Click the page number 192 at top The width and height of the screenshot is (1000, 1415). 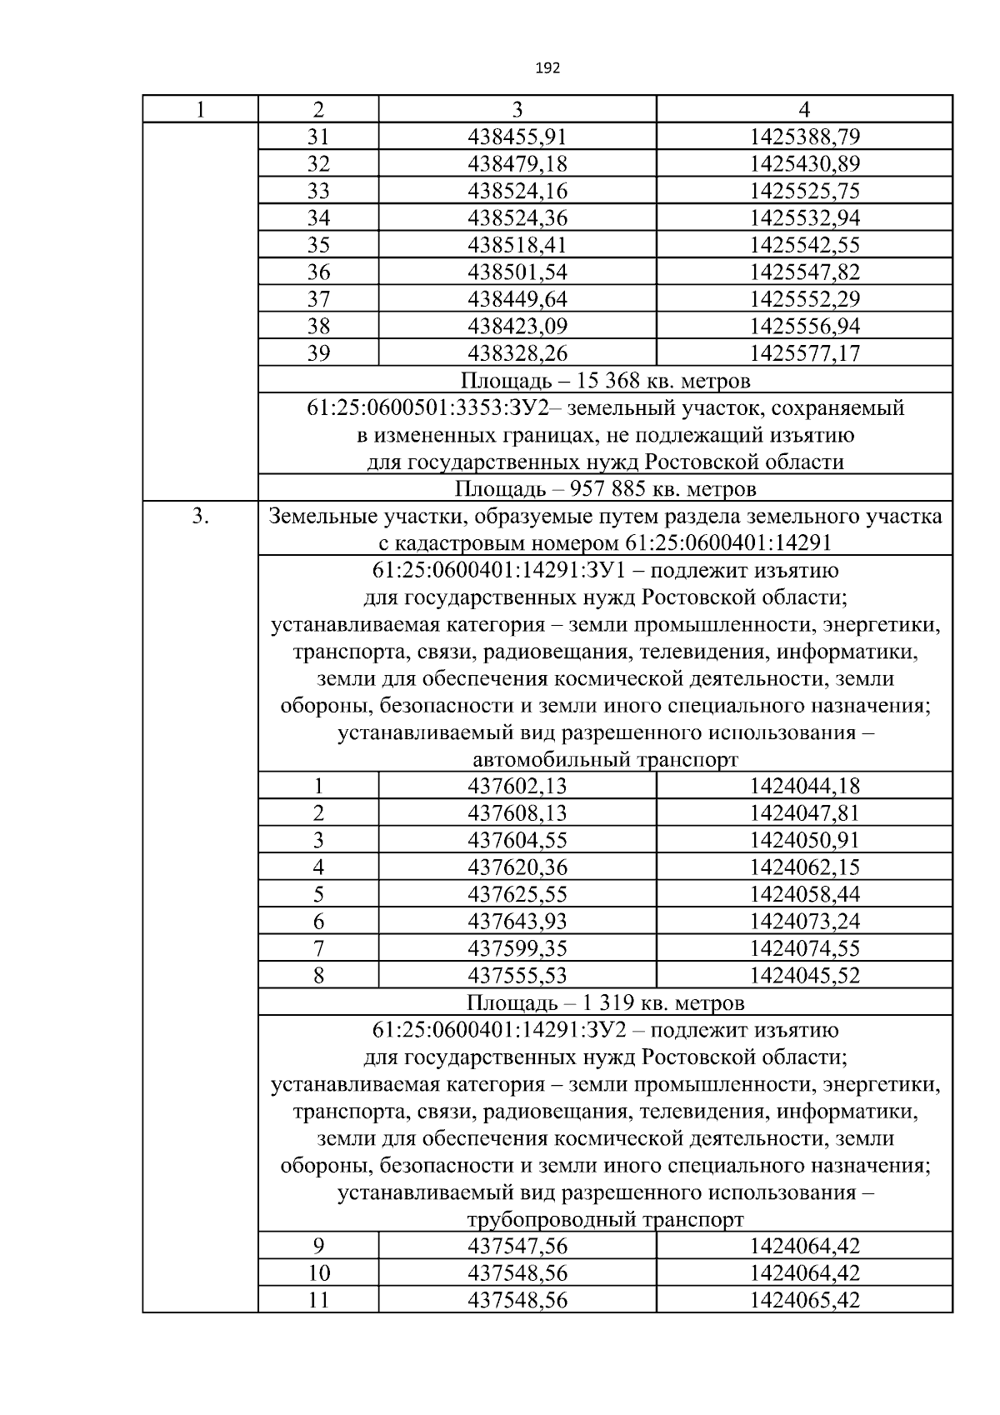click(x=547, y=68)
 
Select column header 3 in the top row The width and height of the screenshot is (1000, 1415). click(x=517, y=109)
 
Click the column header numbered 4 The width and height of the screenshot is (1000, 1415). click(x=804, y=109)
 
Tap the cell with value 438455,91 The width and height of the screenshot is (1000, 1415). click(x=517, y=137)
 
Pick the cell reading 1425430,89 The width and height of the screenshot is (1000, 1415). click(x=804, y=164)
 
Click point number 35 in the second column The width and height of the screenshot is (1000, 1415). click(x=318, y=245)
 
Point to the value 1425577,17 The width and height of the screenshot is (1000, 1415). click(x=804, y=353)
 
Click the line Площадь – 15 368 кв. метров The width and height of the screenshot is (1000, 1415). click(x=605, y=381)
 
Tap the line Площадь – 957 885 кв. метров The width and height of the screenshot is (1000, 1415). click(x=605, y=488)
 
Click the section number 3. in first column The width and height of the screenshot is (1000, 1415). click(x=200, y=517)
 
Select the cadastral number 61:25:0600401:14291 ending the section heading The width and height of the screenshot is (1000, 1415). click(x=727, y=543)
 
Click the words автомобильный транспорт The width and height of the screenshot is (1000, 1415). click(x=605, y=760)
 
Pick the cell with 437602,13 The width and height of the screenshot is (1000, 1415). click(x=517, y=786)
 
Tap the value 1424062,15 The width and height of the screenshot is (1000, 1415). click(x=804, y=867)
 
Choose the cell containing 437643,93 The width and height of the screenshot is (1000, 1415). click(x=517, y=922)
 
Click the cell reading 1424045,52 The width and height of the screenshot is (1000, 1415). click(x=804, y=976)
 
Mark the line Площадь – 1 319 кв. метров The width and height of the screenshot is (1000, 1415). click(x=605, y=1002)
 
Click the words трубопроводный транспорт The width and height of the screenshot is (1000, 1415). click(x=605, y=1220)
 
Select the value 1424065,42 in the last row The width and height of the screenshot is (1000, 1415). click(x=804, y=1300)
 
